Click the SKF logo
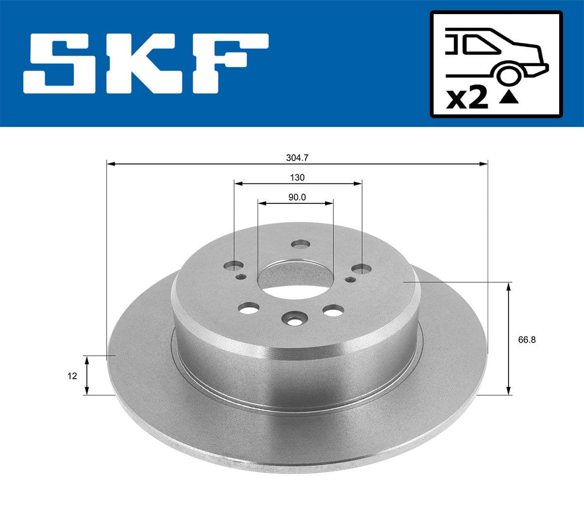click(146, 64)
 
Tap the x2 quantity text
click(467, 98)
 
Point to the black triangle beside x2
click(509, 98)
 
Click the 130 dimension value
click(297, 178)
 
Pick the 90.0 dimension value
click(296, 198)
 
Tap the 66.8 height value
click(527, 340)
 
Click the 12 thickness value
click(73, 376)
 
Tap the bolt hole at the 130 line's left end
click(235, 266)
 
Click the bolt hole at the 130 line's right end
click(362, 268)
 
